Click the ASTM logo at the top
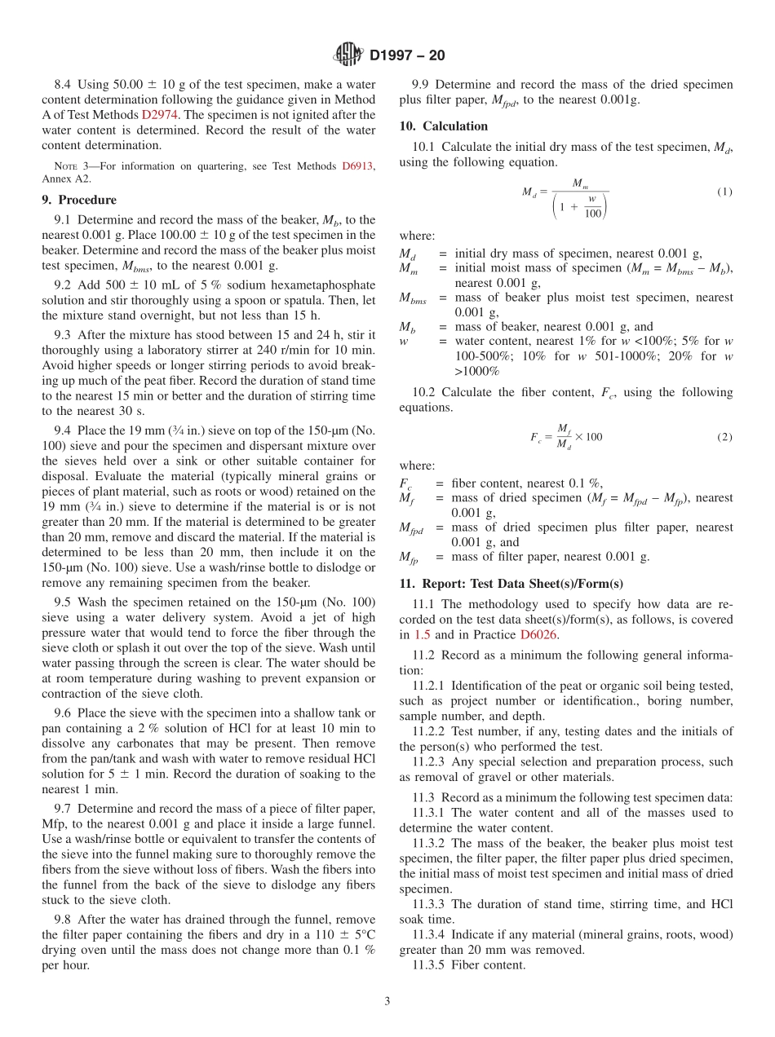(348, 55)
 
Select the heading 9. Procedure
(79, 200)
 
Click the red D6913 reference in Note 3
(357, 166)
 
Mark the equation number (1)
(724, 192)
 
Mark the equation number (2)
(724, 437)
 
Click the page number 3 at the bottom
(387, 1002)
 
